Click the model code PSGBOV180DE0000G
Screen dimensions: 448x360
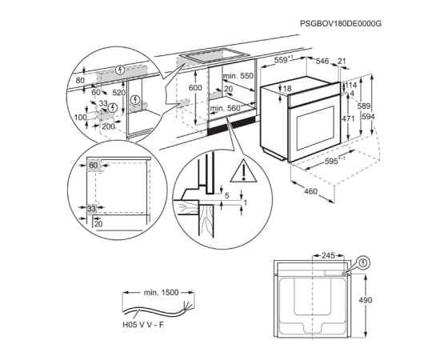click(x=341, y=23)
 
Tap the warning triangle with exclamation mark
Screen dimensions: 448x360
click(x=243, y=171)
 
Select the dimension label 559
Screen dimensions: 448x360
click(x=282, y=60)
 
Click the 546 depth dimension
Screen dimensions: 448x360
click(x=322, y=61)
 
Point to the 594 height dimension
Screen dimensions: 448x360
click(x=368, y=117)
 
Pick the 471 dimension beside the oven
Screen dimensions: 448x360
click(x=348, y=118)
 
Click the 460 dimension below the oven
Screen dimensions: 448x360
click(x=310, y=191)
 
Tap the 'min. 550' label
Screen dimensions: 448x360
click(x=238, y=76)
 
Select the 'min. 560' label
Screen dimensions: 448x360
click(x=225, y=109)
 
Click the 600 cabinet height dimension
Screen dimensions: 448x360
click(x=195, y=88)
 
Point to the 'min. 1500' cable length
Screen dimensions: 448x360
click(x=161, y=293)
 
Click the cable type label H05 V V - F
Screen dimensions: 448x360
click(x=143, y=325)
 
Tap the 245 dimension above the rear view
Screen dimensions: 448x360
click(x=328, y=255)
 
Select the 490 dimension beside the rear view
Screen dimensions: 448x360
click(x=366, y=300)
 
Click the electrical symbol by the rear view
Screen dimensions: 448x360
click(x=363, y=262)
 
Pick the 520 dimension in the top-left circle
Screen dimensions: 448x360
click(x=118, y=92)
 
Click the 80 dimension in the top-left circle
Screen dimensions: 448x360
click(x=80, y=81)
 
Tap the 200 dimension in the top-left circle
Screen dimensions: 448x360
click(x=108, y=126)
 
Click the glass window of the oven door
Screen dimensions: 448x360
click(x=315, y=129)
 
